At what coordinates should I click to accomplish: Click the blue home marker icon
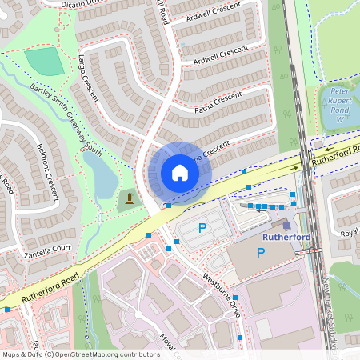coord(180,172)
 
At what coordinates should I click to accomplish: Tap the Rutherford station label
coord(285,237)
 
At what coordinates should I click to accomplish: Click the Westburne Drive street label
coord(222,295)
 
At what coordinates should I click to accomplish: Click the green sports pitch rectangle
coord(45,61)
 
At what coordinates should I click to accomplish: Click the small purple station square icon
coord(286,225)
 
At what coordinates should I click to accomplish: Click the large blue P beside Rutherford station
coord(261,252)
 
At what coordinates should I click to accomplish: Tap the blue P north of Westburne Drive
coord(202,229)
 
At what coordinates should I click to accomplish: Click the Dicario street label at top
coord(80,3)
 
